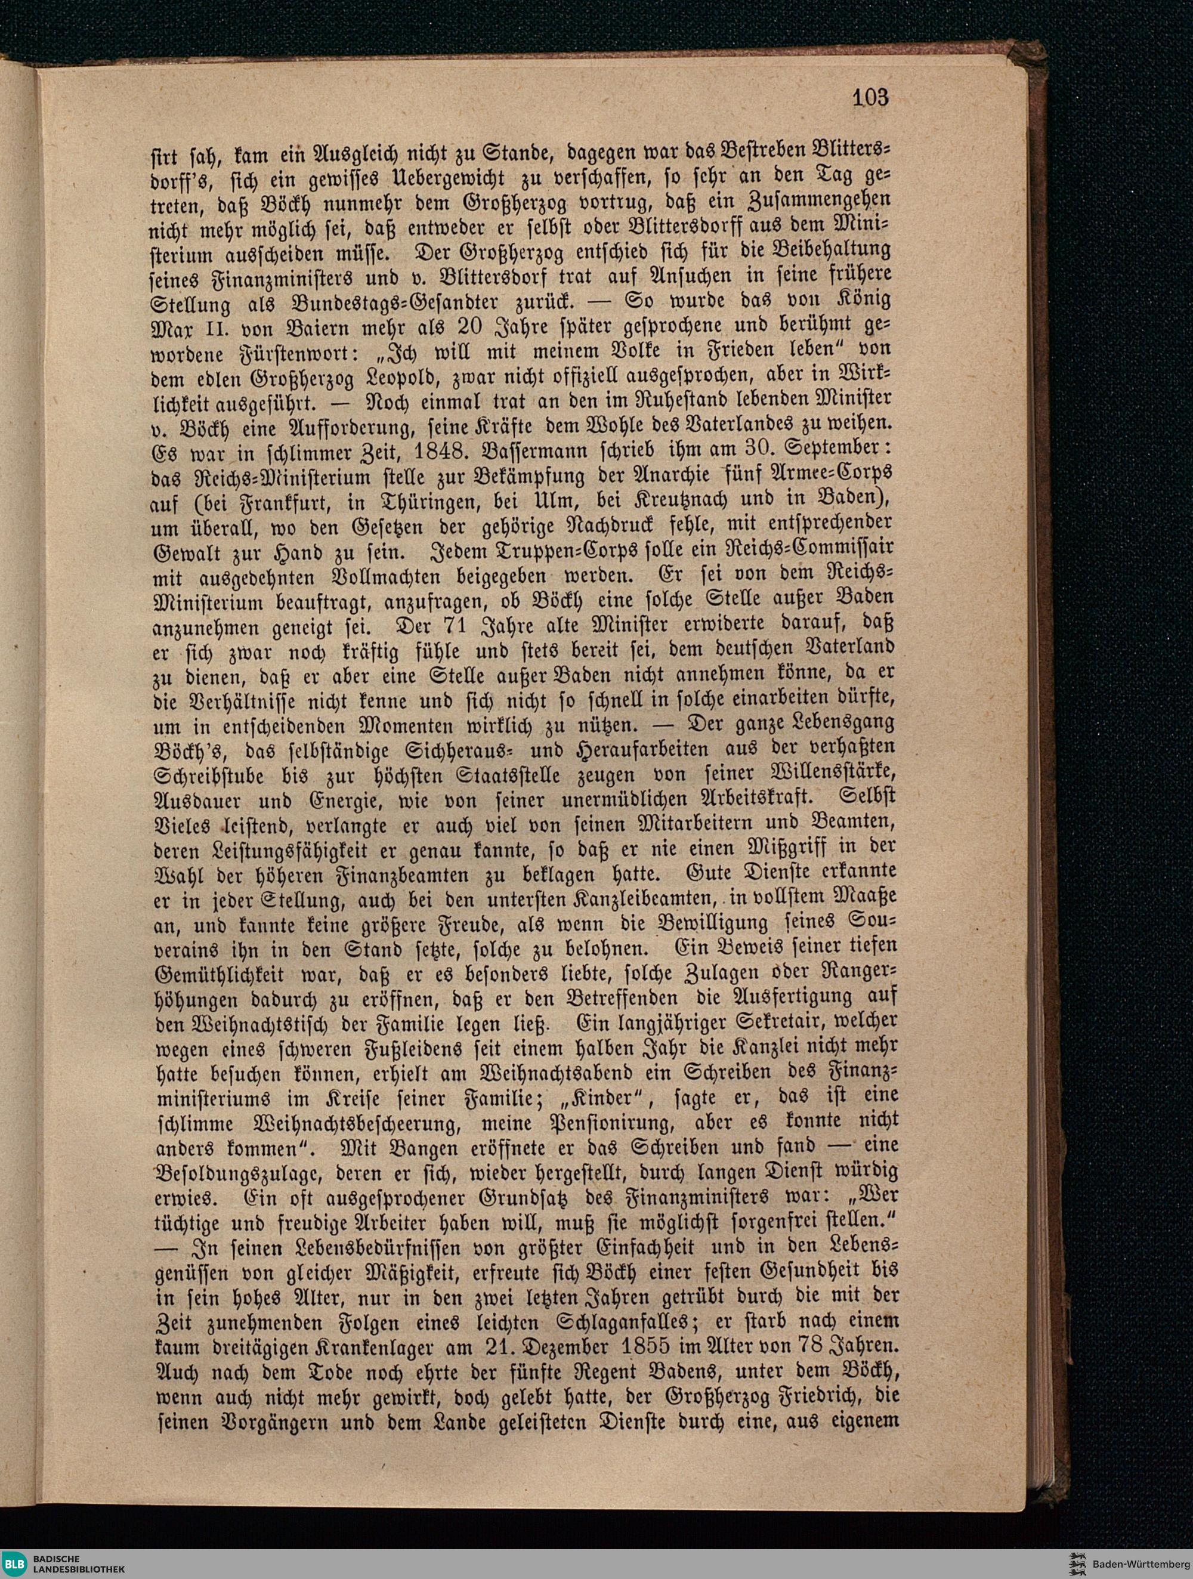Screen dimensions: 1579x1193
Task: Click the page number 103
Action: [x=870, y=97]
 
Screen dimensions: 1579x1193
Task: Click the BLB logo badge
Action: [x=15, y=1562]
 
